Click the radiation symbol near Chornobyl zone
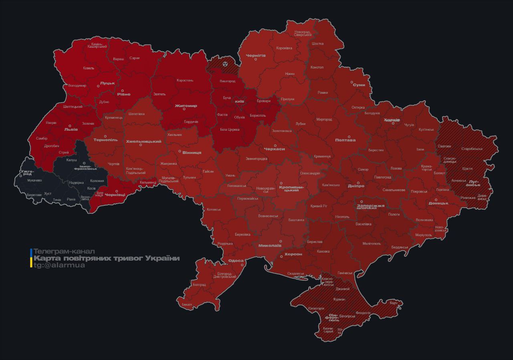pos(225,63)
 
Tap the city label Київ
pos(239,102)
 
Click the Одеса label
pos(236,261)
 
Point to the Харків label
pos(392,120)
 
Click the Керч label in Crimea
pos(394,303)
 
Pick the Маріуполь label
pos(423,235)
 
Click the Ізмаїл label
pos(187,305)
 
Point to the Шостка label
pos(317,44)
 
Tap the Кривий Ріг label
pos(319,206)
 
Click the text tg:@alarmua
pos(59,265)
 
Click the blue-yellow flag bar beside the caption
pos(31,258)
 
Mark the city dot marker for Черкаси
pos(275,146)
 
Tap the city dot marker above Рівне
pos(123,91)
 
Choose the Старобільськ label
pos(472,149)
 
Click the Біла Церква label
pos(230,129)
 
